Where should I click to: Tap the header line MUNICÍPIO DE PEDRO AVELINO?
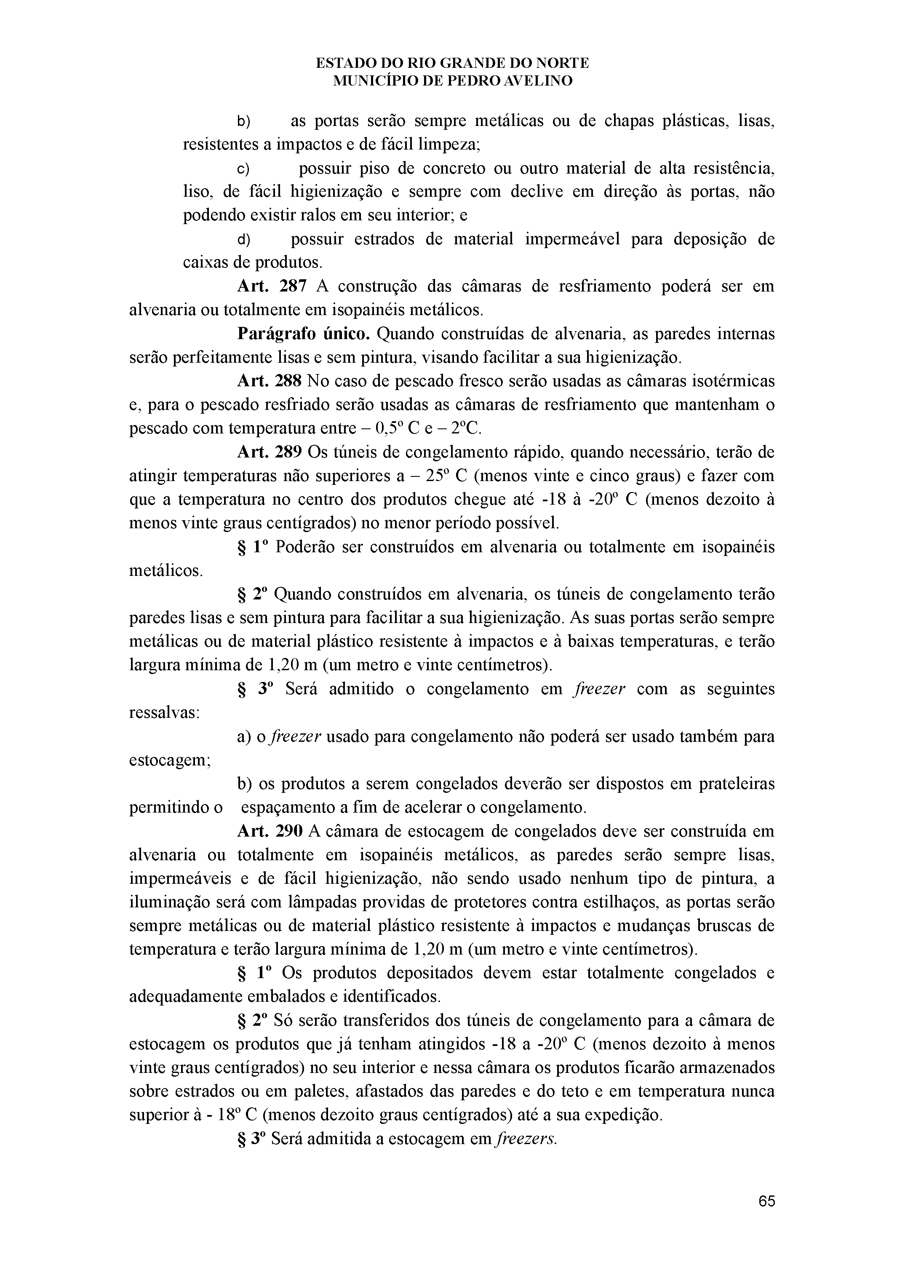click(452, 81)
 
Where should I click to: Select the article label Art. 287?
click(272, 286)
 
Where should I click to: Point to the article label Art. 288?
click(270, 381)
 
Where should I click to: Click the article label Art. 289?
click(270, 452)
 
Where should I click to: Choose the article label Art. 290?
click(270, 831)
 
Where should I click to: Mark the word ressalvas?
click(164, 713)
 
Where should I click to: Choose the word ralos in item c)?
click(318, 215)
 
